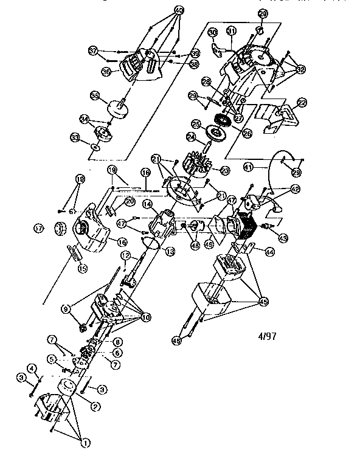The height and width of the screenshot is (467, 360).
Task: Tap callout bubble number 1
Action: (86, 444)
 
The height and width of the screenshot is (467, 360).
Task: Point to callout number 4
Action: (32, 367)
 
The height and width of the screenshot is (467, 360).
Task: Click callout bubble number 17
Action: (39, 229)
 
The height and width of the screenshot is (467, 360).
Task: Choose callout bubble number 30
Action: (212, 32)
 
